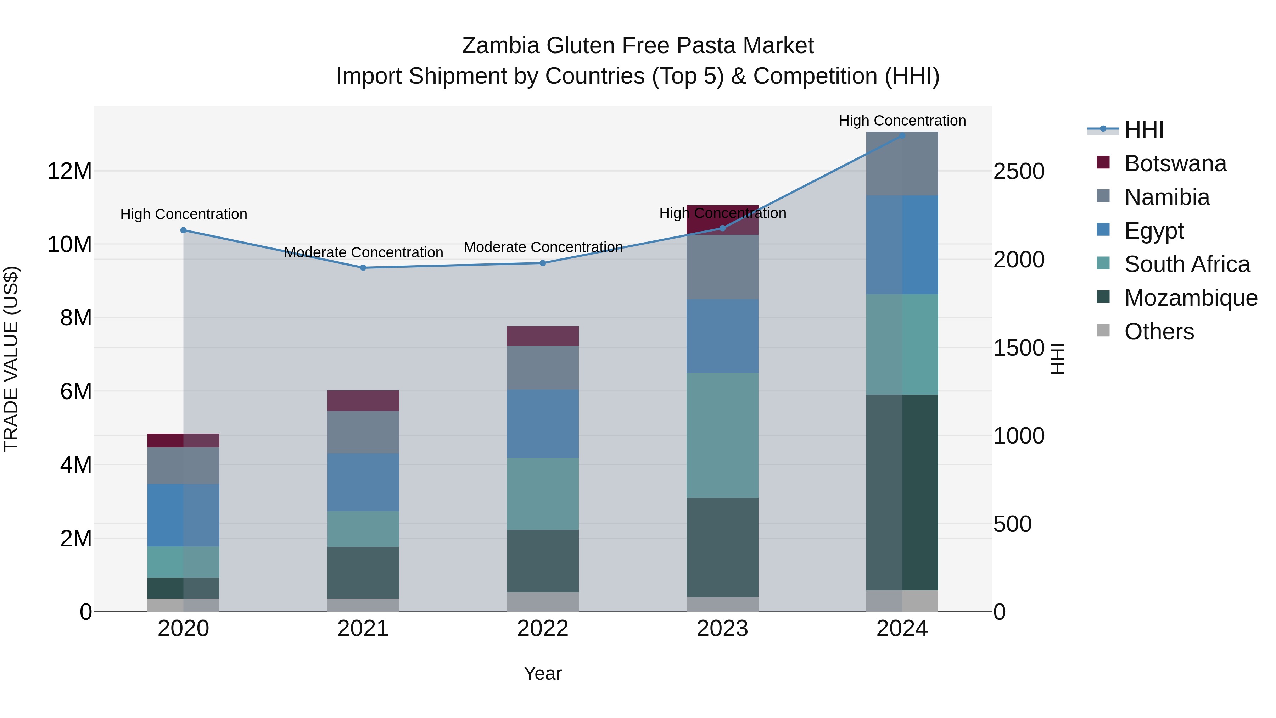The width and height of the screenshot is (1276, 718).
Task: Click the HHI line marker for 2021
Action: tap(363, 268)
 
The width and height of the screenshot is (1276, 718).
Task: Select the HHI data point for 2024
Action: tap(902, 135)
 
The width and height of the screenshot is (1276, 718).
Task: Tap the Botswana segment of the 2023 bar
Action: tap(722, 220)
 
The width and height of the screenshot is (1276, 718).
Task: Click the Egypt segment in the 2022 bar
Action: tap(542, 424)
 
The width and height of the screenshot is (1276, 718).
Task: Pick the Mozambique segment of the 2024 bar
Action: tap(902, 492)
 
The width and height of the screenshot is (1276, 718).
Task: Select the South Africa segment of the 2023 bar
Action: tap(722, 435)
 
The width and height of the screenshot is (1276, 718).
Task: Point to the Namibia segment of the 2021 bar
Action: tap(363, 432)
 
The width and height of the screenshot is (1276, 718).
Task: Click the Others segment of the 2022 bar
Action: tap(542, 602)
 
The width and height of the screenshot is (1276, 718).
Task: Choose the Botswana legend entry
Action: tap(1175, 163)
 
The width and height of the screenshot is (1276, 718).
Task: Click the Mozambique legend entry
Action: tap(1190, 298)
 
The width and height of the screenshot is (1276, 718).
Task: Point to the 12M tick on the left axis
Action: tap(69, 171)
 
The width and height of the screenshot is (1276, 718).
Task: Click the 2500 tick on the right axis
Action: tap(1019, 172)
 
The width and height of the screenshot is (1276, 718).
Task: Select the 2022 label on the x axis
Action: tap(542, 629)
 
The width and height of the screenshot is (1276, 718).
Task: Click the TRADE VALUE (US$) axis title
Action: tap(11, 359)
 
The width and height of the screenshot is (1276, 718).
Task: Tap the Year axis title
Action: tap(542, 673)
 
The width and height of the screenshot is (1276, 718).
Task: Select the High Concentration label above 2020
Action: tap(183, 214)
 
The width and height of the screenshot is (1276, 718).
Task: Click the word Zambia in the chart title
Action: tap(500, 46)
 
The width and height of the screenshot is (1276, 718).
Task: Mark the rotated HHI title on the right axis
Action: tap(1058, 359)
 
